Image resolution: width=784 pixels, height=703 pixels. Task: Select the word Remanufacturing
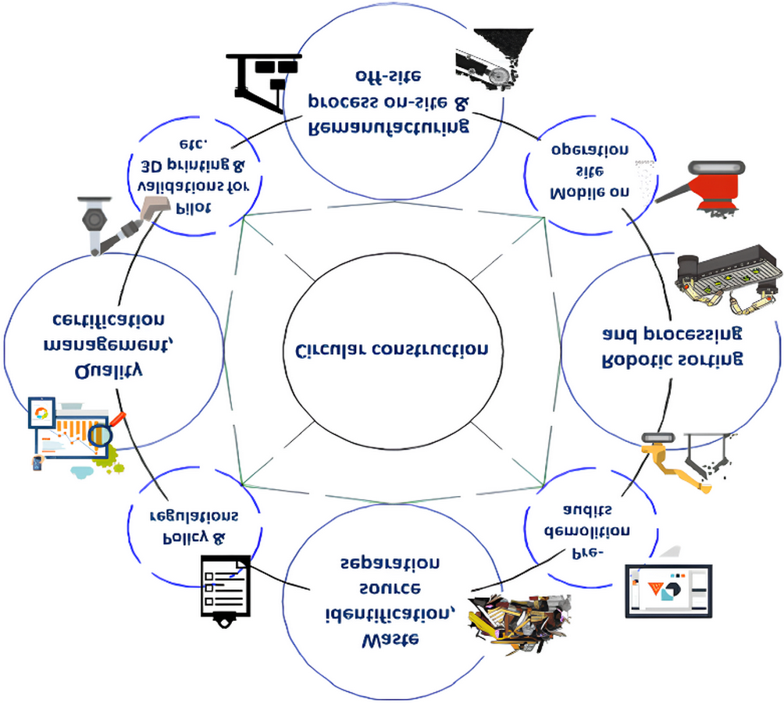tap(389, 127)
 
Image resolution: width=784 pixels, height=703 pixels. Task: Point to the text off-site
tap(388, 76)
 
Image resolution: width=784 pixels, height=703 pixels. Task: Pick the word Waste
tap(390, 641)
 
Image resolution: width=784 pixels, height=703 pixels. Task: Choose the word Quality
tap(109, 371)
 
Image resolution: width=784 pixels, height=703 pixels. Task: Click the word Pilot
tap(193, 208)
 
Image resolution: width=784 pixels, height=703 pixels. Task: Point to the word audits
tap(586, 509)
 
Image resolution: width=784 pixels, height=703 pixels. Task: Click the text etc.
tap(194, 144)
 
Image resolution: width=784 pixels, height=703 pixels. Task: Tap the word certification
tap(109, 319)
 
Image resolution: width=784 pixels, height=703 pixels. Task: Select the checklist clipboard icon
tap(225, 591)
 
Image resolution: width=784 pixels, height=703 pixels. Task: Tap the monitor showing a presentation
tap(668, 591)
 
